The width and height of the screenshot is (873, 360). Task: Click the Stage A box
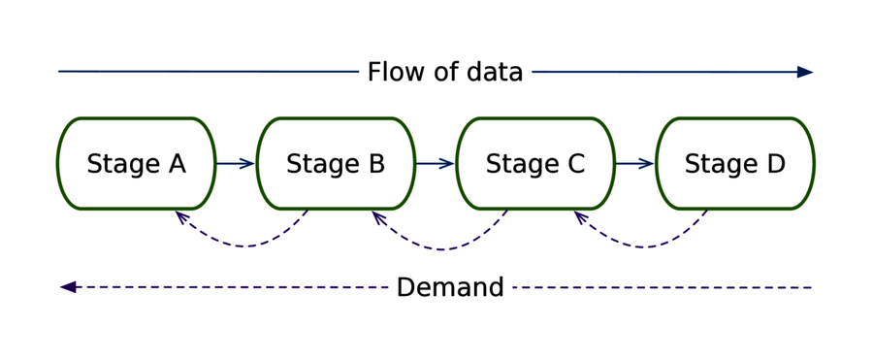(136, 163)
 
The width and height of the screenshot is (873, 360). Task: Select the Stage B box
(336, 163)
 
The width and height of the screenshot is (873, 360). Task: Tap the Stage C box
(535, 163)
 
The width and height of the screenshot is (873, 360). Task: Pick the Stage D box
(735, 163)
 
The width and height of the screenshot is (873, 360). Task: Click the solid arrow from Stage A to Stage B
(236, 164)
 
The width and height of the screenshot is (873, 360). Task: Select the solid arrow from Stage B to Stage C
(436, 164)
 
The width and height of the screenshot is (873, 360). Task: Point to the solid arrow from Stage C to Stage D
(635, 164)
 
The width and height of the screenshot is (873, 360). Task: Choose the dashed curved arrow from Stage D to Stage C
(644, 245)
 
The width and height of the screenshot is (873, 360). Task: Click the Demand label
(450, 288)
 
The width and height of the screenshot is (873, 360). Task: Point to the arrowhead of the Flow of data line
(804, 72)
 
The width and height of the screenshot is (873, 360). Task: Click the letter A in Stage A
(176, 164)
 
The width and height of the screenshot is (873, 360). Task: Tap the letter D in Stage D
(775, 164)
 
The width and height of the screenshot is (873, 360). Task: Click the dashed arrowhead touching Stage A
(180, 216)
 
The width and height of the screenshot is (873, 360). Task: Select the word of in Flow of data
(444, 73)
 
